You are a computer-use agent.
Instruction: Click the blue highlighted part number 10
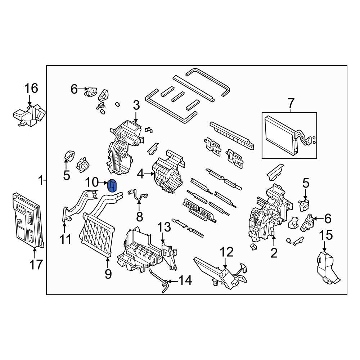tap(112, 186)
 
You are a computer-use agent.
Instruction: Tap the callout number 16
tap(31, 88)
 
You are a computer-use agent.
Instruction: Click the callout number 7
tap(291, 104)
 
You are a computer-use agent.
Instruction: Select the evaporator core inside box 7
tap(281, 134)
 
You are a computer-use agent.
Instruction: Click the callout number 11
tap(66, 239)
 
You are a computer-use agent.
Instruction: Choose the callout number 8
tap(139, 217)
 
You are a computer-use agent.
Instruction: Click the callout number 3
tap(136, 105)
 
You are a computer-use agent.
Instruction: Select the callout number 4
tap(140, 175)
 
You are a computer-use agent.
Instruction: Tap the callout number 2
tap(274, 253)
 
